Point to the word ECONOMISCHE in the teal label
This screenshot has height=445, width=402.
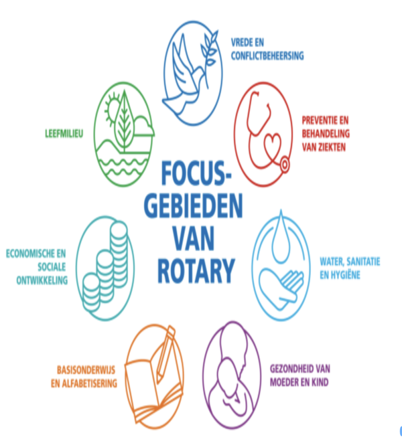[x=36, y=254]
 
